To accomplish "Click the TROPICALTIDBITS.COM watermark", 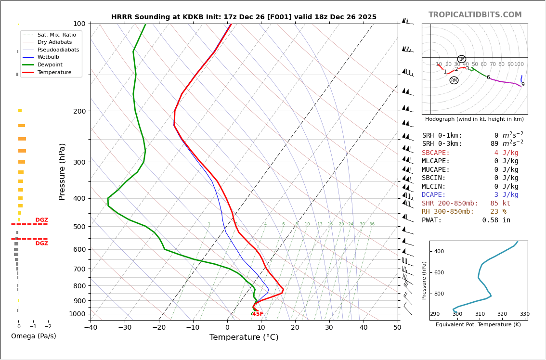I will point(475,15).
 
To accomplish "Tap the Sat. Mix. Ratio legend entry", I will point(56,35).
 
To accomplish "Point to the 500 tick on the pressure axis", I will point(79,227).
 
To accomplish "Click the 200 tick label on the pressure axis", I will point(79,111).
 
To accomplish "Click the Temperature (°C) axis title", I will point(244,338).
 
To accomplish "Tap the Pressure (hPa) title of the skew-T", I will point(63,171).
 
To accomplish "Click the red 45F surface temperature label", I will point(258,314).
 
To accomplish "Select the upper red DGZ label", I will point(42,220).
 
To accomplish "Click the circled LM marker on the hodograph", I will point(461,59).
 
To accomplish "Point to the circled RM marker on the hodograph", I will point(454,80).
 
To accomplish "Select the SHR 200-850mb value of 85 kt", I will point(500,203).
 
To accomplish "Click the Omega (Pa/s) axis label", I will point(33,336).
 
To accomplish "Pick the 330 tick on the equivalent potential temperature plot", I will point(524,314).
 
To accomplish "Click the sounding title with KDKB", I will point(244,17).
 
